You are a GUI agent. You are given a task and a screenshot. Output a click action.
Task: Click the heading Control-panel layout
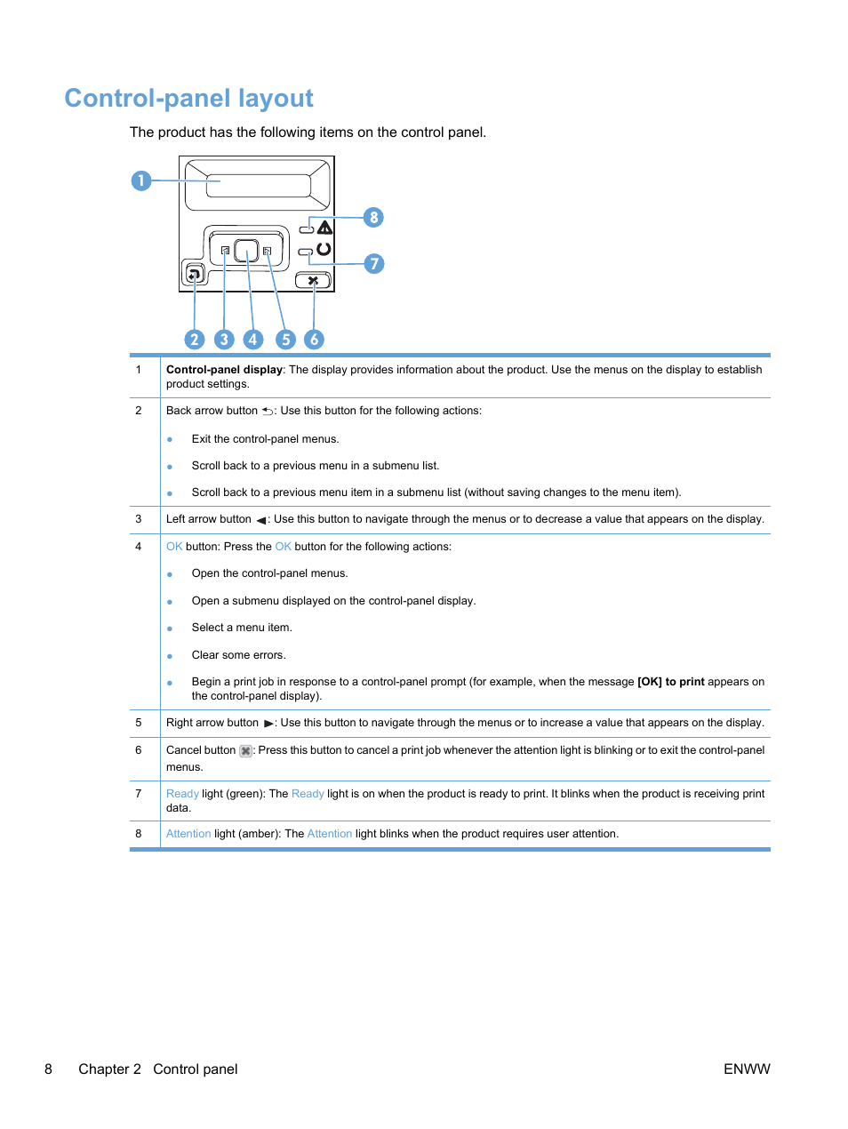pos(188,98)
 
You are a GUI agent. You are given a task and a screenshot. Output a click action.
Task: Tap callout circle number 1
pos(140,180)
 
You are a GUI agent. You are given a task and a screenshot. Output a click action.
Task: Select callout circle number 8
pos(373,218)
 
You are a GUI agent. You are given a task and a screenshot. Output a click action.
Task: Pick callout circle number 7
pos(374,264)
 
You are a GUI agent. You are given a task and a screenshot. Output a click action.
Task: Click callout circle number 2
pos(195,340)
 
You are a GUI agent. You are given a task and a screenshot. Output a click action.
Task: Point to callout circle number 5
pos(285,340)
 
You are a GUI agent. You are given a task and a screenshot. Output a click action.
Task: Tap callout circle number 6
pos(314,340)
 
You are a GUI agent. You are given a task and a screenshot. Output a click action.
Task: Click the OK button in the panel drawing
pos(246,251)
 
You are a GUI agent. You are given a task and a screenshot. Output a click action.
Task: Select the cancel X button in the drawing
pos(313,281)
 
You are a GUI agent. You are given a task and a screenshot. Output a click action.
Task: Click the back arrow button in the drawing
pos(194,275)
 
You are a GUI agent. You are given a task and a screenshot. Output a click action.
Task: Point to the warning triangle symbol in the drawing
pos(325,228)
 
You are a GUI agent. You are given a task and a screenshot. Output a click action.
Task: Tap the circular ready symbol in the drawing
pos(324,250)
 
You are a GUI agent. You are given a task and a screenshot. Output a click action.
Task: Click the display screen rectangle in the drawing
pos(258,185)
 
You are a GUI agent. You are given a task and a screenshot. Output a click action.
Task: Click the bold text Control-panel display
pos(224,370)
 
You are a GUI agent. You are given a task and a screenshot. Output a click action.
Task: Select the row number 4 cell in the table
pos(139,547)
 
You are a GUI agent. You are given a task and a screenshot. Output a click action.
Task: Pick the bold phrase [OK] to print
pos(670,682)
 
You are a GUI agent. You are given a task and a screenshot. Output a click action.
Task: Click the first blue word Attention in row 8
pos(188,834)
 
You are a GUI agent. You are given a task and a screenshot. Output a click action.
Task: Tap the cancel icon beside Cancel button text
pos(245,751)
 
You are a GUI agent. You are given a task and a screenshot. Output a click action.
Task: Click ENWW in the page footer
pos(746,1069)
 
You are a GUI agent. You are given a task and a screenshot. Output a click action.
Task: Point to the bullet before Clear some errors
pos(170,656)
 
